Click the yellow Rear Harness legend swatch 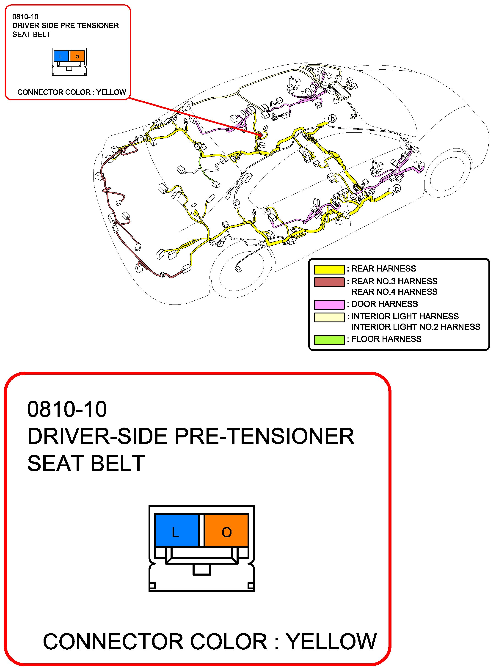tap(329, 269)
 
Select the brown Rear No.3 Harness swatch tap(329, 282)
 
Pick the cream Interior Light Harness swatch tap(329, 317)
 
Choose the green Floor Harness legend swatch tap(329, 340)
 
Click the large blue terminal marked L tap(176, 530)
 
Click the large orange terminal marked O tap(226, 530)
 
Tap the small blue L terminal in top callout tap(61, 56)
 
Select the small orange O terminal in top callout tap(77, 56)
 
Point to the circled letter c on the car tap(397, 189)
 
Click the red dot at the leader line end tap(260, 135)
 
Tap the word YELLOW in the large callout tap(331, 642)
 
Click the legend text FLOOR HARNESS tap(386, 339)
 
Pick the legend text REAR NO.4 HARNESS tap(394, 292)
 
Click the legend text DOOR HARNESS tap(385, 304)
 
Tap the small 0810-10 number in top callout tap(25, 17)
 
